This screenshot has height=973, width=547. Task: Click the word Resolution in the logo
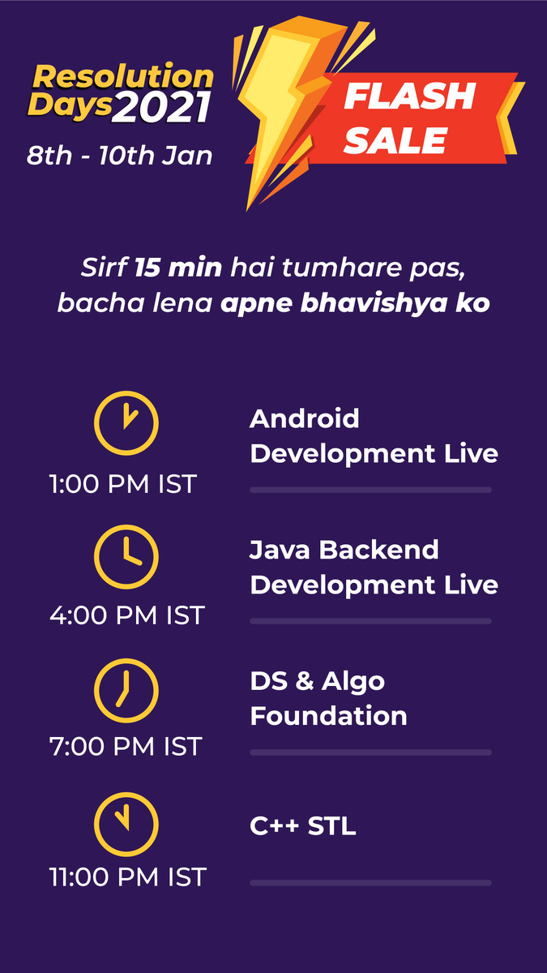(x=123, y=77)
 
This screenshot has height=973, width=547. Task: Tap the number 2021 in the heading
(x=162, y=109)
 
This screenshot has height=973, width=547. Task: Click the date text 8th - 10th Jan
(x=120, y=155)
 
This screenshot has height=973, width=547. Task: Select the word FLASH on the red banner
(x=409, y=97)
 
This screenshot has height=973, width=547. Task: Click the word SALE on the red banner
(x=395, y=141)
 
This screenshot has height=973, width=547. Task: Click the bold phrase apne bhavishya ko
(x=355, y=304)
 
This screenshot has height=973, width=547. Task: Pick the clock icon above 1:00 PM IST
(x=126, y=423)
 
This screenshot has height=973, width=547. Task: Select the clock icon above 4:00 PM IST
(x=126, y=556)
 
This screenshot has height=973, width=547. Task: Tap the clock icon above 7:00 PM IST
(x=126, y=690)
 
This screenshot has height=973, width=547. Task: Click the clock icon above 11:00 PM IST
(x=126, y=823)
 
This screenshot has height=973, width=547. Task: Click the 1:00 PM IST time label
(x=123, y=484)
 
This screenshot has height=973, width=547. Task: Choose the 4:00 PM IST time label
(x=127, y=615)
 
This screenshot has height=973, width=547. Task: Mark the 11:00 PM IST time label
(x=127, y=877)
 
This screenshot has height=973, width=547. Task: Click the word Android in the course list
(x=305, y=418)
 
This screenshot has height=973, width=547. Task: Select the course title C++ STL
(x=303, y=826)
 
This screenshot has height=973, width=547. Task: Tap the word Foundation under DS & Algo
(x=328, y=716)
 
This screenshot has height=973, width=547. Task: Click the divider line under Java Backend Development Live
(x=370, y=621)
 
